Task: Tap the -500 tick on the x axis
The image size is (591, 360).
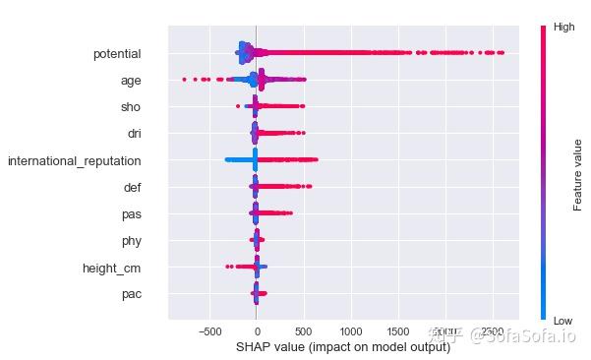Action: click(x=209, y=331)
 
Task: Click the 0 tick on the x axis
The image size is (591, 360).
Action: click(x=257, y=331)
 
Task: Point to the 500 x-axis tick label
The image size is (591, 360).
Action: click(x=304, y=331)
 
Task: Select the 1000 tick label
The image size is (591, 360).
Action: click(x=351, y=331)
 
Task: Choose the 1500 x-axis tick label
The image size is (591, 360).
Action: click(x=398, y=331)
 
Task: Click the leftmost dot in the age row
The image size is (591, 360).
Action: click(x=184, y=79)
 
